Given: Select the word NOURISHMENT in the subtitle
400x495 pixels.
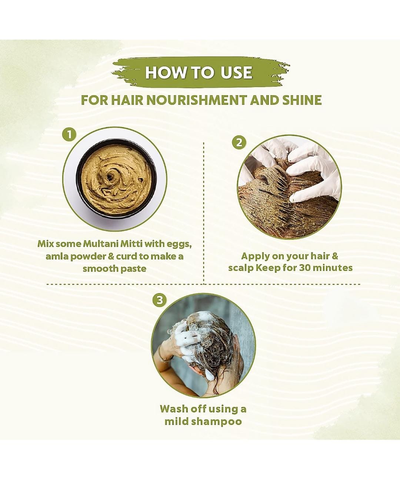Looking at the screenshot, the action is tap(197, 100).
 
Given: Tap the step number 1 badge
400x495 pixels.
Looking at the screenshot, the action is tap(70, 134).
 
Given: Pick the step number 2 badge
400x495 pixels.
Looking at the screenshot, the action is tap(239, 142).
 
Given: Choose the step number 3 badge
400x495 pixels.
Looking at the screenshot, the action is tap(160, 300).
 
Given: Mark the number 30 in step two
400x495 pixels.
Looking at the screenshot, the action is tap(306, 268).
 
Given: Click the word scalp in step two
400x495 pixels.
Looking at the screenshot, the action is tap(241, 268).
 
